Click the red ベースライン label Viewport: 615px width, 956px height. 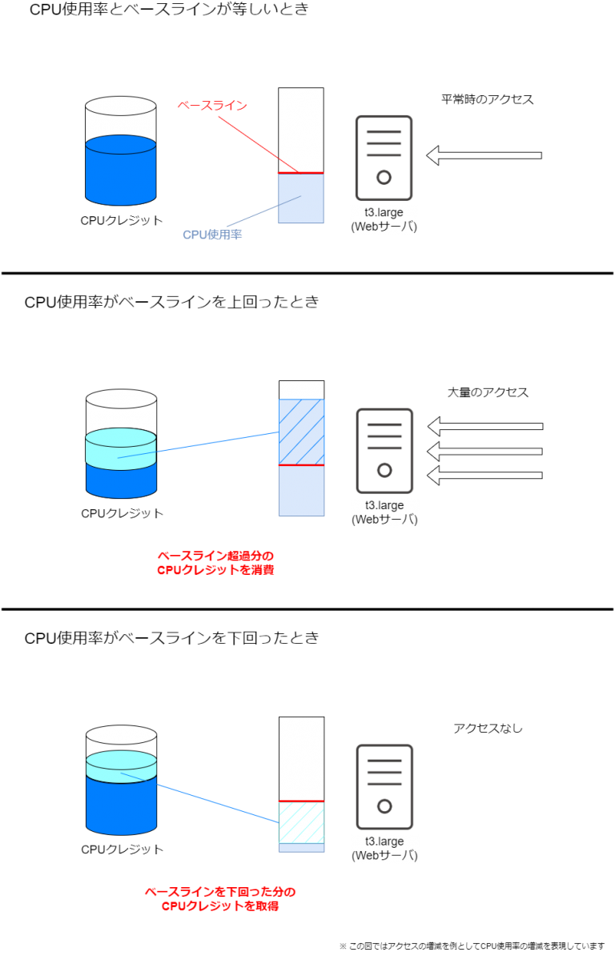click(212, 105)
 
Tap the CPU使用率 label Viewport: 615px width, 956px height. click(212, 235)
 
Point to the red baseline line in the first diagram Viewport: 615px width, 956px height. click(301, 173)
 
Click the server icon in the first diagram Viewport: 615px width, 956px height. click(384, 158)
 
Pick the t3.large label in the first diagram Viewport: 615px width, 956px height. click(384, 219)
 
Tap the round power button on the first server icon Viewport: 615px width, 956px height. click(384, 177)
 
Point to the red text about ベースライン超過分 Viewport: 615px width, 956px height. click(215, 563)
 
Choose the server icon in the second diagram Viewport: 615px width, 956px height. click(384, 450)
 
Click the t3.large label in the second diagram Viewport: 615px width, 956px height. click(384, 512)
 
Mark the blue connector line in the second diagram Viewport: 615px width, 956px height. click(216, 442)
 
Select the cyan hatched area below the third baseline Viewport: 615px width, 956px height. click(301, 822)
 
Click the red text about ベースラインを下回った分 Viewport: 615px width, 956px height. click(219, 899)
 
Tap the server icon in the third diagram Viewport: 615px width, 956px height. click(384, 786)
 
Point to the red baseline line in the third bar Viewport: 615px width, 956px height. click(301, 801)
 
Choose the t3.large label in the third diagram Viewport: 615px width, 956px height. click(384, 849)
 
